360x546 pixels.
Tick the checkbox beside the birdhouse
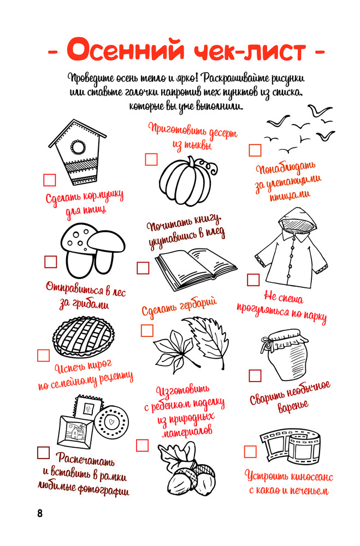coord(50,180)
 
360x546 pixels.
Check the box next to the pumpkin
coord(151,159)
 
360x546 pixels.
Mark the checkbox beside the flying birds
coord(255,150)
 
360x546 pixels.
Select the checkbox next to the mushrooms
coord(51,262)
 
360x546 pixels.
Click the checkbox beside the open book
coord(143,268)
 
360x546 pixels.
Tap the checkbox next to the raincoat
coord(253,280)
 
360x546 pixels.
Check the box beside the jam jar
coord(255,376)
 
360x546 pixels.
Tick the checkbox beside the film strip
coord(250,452)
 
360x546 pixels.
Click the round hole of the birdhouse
coord(78,146)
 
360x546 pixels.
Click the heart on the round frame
coord(111,422)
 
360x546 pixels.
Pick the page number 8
coord(40,513)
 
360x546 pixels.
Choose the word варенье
coord(293,406)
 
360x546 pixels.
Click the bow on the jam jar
coord(269,343)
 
